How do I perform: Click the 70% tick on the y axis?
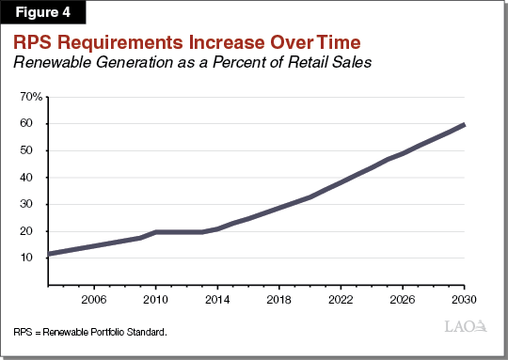coord(31,97)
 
